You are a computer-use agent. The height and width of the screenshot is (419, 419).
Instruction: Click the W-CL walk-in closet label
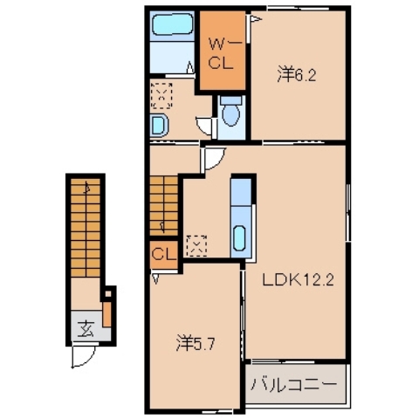tap(217, 53)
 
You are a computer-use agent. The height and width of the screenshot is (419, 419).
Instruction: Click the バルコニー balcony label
tap(293, 384)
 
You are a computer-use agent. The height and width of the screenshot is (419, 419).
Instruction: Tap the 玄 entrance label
tap(86, 329)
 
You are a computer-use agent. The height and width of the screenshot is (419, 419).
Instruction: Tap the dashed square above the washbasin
tap(161, 92)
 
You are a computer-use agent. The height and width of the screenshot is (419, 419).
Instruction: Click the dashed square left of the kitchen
tap(197, 245)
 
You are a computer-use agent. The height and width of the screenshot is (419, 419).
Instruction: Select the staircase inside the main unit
tap(163, 203)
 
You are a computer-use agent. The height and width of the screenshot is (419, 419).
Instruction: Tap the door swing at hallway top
tap(212, 158)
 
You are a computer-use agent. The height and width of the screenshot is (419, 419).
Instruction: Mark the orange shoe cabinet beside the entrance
tap(107, 311)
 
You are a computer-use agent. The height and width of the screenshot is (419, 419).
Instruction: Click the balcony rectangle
tap(295, 384)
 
